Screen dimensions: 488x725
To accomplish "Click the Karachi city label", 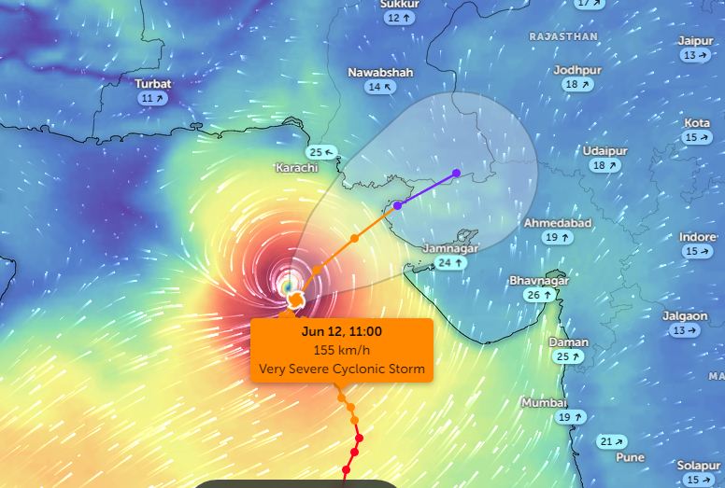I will [296, 168].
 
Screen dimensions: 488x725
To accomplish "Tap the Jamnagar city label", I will [450, 248].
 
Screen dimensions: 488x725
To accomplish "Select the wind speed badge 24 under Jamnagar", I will [451, 263].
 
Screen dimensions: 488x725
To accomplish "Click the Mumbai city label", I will [545, 403].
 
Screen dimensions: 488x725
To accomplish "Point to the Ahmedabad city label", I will [558, 224].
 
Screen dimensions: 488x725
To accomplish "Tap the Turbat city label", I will [153, 83].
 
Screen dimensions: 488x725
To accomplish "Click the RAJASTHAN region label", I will [563, 36].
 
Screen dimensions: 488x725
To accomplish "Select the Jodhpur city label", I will [577, 70].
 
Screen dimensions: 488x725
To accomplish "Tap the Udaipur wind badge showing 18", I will [604, 165].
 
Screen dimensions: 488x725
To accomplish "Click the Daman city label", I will [569, 342].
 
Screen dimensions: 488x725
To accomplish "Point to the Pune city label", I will [631, 457].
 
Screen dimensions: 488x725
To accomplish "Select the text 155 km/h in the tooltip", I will [342, 350].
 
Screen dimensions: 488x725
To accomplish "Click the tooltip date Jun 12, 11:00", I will [342, 331].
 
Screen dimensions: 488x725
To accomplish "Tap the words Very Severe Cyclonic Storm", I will [342, 369].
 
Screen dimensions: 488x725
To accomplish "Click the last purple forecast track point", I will [456, 173].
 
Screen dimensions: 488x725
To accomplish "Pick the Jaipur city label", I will [696, 41].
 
